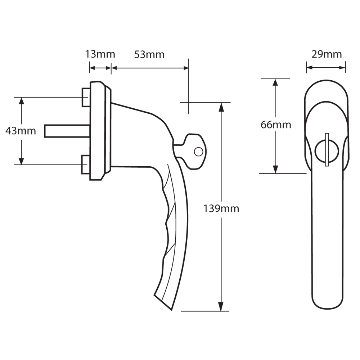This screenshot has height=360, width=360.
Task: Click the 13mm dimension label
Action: (x=100, y=54)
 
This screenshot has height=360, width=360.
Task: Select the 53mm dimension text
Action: (x=149, y=54)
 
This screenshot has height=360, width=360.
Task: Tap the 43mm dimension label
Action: (x=21, y=131)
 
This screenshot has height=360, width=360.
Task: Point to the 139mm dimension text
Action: (x=221, y=208)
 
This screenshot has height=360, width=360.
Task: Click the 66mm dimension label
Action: (x=276, y=125)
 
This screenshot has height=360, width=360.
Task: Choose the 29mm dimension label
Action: (x=326, y=54)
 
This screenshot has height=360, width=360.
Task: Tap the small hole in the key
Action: (x=198, y=152)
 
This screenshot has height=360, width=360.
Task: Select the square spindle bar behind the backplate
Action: (x=67, y=131)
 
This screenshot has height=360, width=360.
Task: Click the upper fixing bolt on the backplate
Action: (x=86, y=97)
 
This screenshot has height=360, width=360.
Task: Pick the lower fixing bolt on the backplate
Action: (x=86, y=165)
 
